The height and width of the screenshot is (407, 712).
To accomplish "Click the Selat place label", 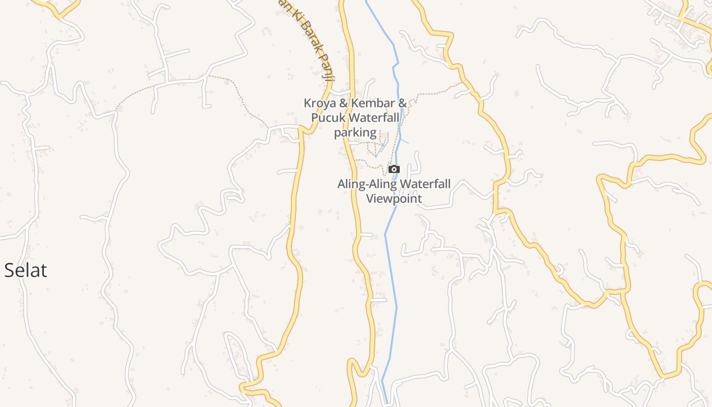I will [25, 270].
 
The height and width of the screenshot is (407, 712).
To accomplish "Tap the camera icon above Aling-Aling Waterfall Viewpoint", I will [394, 169].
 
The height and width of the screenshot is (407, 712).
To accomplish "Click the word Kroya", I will [320, 103].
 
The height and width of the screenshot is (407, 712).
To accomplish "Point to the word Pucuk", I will [329, 118].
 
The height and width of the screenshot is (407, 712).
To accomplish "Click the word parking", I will [355, 133].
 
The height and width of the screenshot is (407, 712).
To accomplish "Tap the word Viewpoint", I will [394, 198].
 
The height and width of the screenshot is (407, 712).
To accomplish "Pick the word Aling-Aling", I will [367, 184].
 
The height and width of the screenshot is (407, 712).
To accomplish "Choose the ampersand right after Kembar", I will [402, 103].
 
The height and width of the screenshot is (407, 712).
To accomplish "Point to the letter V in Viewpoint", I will [370, 198].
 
